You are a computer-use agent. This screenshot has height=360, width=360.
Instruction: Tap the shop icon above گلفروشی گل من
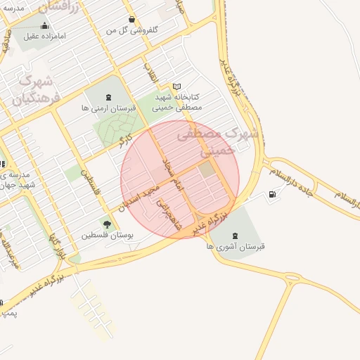pyautogui.click(x=131, y=20)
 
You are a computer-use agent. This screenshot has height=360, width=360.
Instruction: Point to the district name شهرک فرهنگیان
pyautogui.click(x=34, y=90)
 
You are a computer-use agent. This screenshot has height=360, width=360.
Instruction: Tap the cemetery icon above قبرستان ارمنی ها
pyautogui.click(x=108, y=97)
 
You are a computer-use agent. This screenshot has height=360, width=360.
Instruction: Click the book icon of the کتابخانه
pyautogui.click(x=176, y=86)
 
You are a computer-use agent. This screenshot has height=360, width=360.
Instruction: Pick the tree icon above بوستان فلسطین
pyautogui.click(x=107, y=224)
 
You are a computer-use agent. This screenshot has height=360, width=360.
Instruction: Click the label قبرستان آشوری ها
pyautogui.click(x=235, y=247)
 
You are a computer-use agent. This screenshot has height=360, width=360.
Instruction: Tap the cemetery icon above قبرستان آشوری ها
pyautogui.click(x=235, y=236)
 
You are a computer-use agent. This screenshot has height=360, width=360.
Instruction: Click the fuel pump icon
pyautogui.click(x=272, y=194)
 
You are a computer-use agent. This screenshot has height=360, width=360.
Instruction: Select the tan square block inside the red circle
pyautogui.click(x=207, y=169)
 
